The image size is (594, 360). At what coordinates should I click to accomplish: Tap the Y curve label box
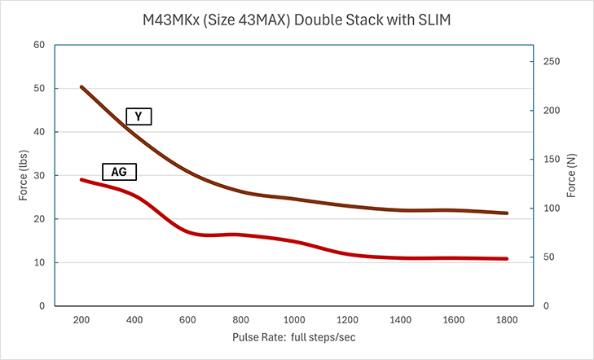click(x=139, y=116)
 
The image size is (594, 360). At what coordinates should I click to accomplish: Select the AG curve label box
click(x=119, y=172)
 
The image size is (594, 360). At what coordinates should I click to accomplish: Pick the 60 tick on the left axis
click(x=39, y=45)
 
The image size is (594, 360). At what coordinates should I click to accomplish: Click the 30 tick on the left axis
click(x=39, y=175)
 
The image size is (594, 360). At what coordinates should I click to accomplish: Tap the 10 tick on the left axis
click(x=39, y=262)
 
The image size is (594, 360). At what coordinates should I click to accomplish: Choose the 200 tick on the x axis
click(x=81, y=319)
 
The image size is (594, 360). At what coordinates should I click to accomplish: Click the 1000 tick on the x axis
click(x=293, y=319)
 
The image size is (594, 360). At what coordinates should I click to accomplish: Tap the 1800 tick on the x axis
click(x=507, y=319)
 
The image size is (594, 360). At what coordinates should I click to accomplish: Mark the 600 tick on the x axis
click(x=187, y=319)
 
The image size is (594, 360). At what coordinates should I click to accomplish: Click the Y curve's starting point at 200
click(x=81, y=86)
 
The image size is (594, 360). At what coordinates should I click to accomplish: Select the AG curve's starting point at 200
click(x=81, y=179)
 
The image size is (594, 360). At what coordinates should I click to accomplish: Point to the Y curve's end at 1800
click(x=507, y=213)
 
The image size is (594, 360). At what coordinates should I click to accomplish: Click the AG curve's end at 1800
click(x=507, y=259)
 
